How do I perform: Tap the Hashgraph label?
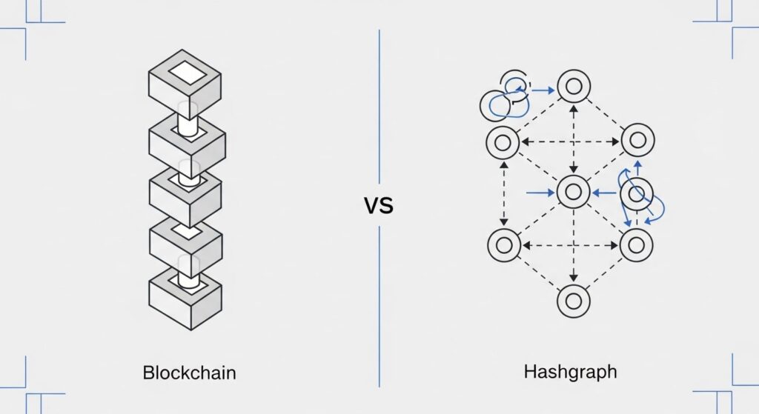pos(570,372)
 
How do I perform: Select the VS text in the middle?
pos(379,205)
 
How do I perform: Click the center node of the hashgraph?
pos(572,193)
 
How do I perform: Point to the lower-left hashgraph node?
pos(503,244)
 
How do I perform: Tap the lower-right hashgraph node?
pos(636,244)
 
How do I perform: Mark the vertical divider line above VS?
pos(379,104)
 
